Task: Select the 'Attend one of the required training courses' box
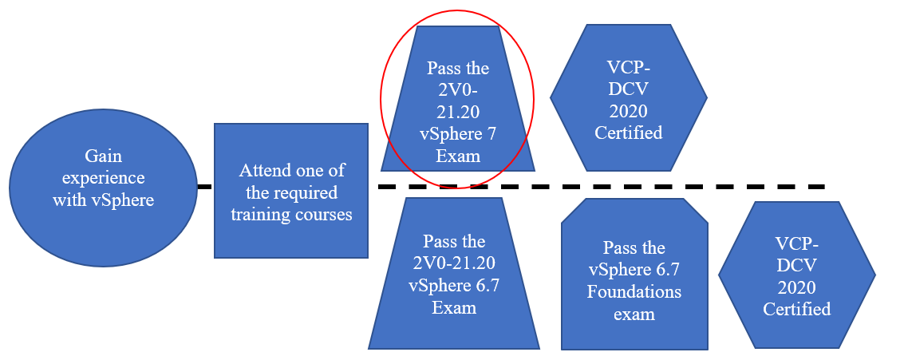(x=290, y=191)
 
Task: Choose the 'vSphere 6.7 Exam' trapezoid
(x=453, y=274)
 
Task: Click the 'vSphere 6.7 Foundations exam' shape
(x=634, y=280)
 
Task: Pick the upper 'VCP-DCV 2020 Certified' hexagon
(x=629, y=98)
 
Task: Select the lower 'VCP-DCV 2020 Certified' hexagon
(x=796, y=275)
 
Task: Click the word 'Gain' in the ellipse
(x=103, y=156)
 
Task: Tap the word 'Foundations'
(x=634, y=291)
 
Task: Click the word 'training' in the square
(x=263, y=215)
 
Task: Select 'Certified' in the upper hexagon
(x=629, y=133)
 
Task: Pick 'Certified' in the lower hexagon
(x=796, y=309)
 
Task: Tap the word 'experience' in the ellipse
(x=104, y=177)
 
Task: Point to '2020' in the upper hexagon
(x=629, y=110)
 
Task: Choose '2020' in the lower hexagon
(x=796, y=287)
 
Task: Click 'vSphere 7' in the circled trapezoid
(x=457, y=133)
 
